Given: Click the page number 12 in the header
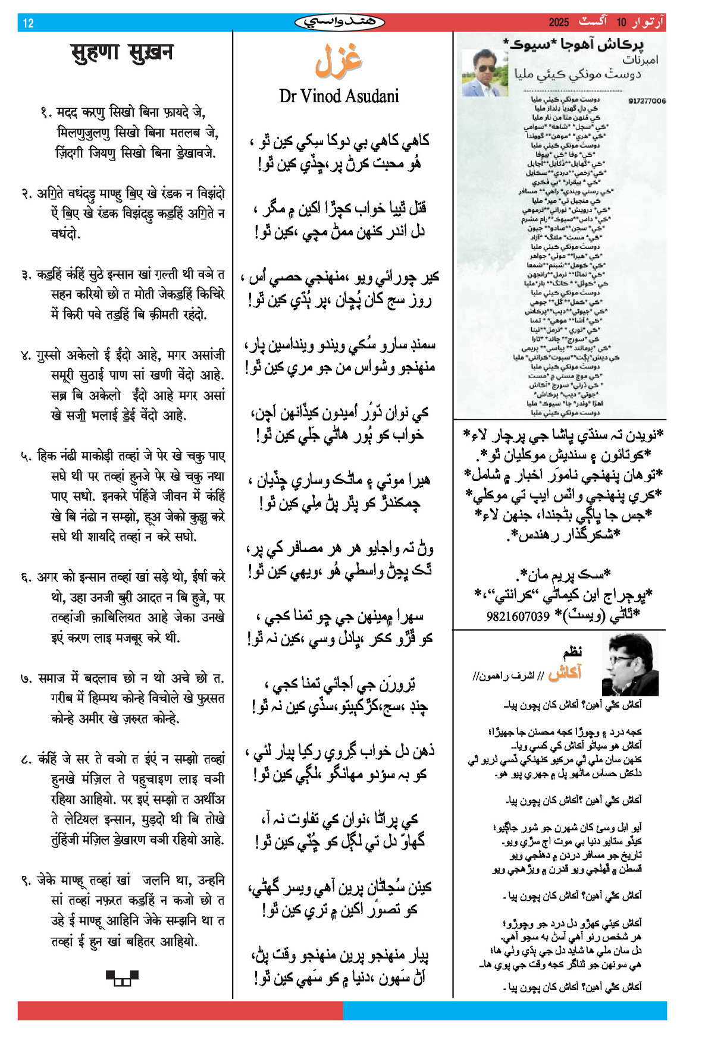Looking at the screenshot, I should tap(28, 23).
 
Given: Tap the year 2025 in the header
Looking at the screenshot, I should tap(559, 23).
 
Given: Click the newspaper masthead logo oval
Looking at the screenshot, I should tap(340, 23).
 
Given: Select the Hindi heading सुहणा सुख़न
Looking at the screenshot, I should tap(122, 53).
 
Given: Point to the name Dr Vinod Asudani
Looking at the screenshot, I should tap(339, 96).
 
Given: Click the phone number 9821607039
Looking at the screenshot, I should tap(518, 616).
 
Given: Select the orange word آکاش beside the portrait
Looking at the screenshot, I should tap(565, 673).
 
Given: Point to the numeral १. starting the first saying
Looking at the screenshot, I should tap(46, 112).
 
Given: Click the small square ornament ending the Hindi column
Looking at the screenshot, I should tap(122, 978).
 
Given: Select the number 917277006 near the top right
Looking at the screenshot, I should tap(647, 101).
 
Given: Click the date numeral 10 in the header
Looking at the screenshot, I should tap(621, 23).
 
